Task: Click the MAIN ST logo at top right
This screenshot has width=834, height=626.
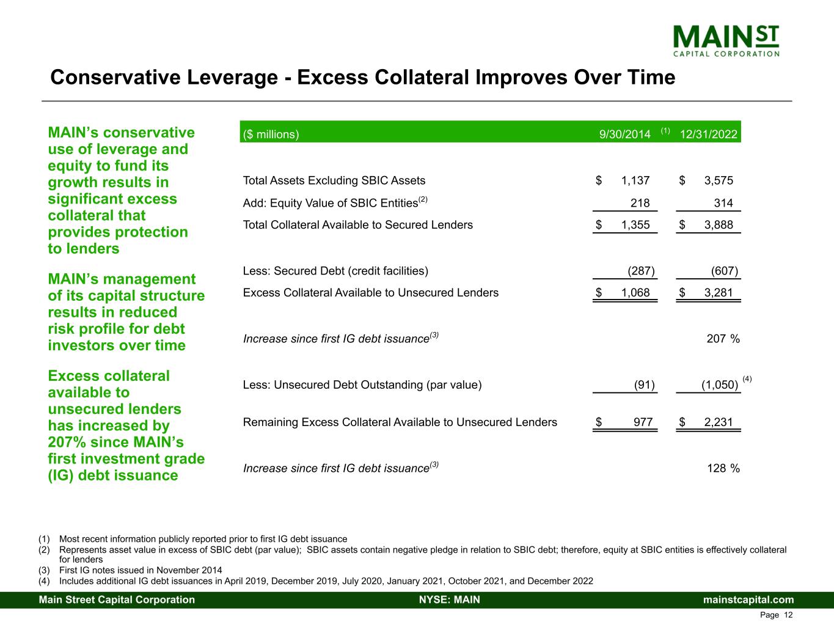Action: pos(726,40)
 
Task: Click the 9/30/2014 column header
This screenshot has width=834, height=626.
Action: pos(624,134)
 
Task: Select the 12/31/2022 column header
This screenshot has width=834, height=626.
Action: pos(708,134)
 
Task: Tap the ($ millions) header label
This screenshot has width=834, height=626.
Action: pos(271,134)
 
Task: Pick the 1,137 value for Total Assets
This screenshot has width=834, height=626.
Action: pos(635,180)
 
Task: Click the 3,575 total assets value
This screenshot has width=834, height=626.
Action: pos(719,180)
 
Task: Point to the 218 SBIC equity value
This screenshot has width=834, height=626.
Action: pos(640,203)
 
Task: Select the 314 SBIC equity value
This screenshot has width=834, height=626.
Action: pos(723,203)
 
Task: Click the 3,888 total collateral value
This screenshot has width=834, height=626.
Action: pos(719,225)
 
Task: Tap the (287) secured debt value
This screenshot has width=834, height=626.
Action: pos(642,271)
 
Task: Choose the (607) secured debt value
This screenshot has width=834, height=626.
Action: pos(725,271)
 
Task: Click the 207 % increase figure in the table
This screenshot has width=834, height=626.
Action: pos(723,339)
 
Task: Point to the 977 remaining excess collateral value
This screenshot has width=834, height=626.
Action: pos(643,422)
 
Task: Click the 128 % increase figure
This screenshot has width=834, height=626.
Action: pos(723,468)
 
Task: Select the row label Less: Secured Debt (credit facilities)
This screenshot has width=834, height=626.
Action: pos(335,271)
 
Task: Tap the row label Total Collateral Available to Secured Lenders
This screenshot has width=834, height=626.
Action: pos(358,225)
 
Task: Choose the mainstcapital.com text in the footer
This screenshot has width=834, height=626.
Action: pos(748,600)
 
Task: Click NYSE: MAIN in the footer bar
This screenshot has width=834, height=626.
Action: pos(449,600)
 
